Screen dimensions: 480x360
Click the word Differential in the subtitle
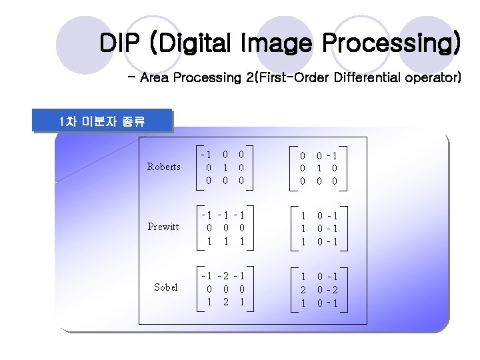click(367, 78)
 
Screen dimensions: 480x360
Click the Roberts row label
click(163, 167)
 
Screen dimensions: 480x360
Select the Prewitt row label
click(163, 227)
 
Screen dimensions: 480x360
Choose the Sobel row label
click(165, 287)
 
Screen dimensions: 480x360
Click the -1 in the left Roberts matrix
click(207, 155)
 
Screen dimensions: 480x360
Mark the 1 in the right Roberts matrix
click(319, 168)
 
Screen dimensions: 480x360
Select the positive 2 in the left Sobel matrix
click(225, 301)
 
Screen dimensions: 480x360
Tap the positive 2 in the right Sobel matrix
click(303, 289)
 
